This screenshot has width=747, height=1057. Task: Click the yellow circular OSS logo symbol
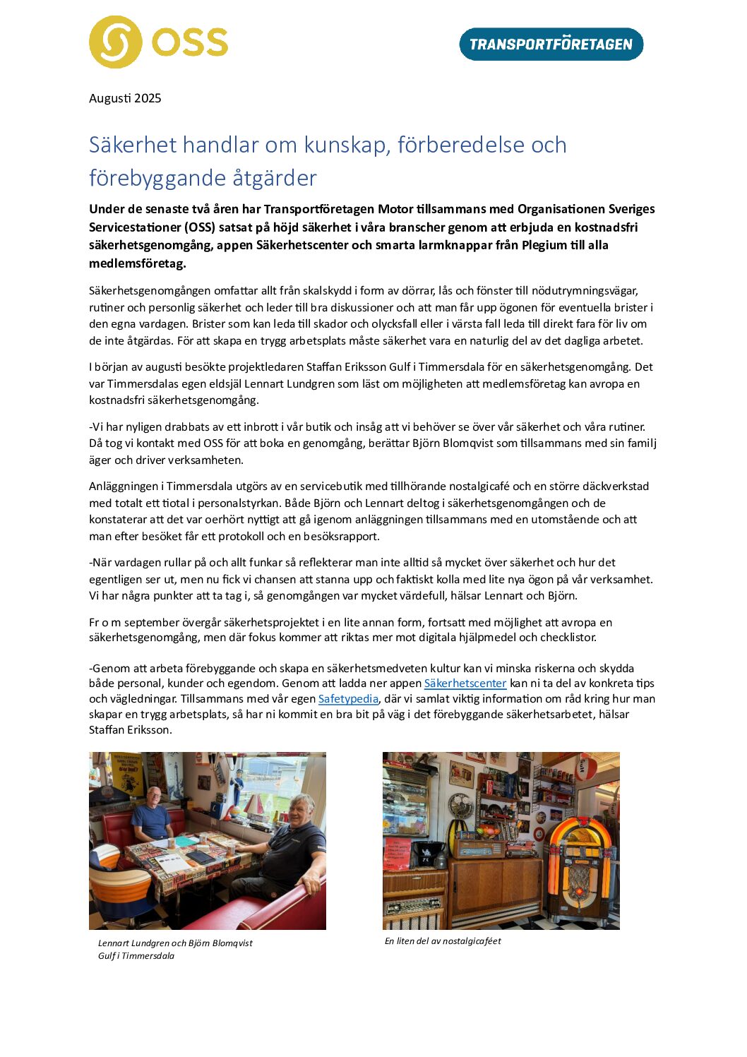tap(116, 42)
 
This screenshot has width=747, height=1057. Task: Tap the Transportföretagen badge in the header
tap(551, 44)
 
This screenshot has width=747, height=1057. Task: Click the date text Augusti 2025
tap(125, 98)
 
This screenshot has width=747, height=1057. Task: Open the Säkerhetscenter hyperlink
tap(465, 683)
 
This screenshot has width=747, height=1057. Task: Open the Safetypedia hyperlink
tap(348, 699)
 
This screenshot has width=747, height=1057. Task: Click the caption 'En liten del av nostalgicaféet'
tap(443, 941)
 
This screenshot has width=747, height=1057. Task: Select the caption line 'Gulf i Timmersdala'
tap(136, 956)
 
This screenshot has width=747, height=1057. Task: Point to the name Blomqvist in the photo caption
tap(230, 943)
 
